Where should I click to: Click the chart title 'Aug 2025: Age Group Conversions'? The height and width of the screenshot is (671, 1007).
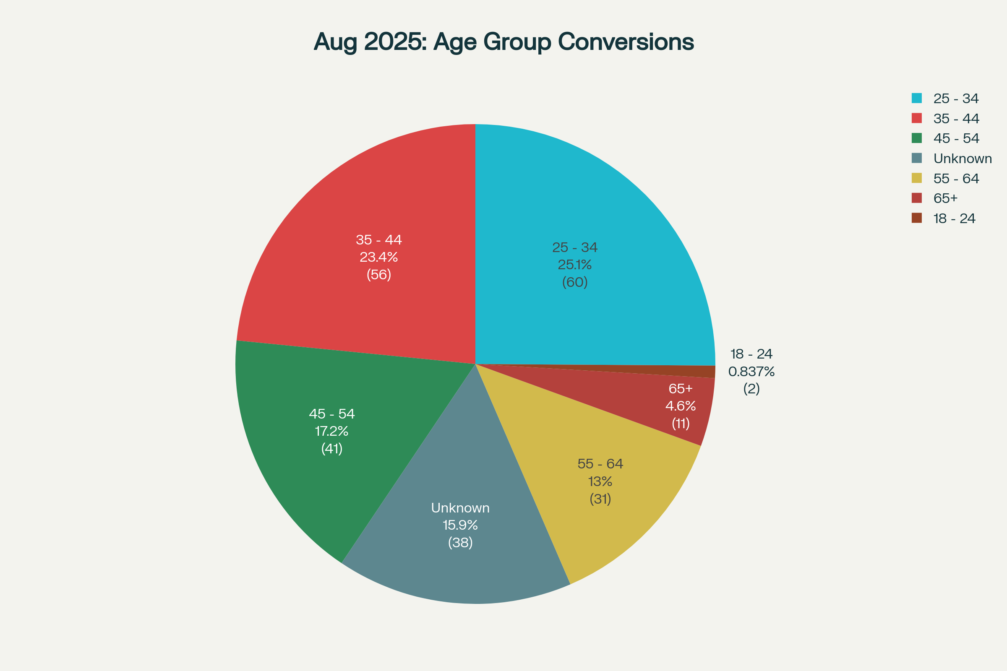click(503, 42)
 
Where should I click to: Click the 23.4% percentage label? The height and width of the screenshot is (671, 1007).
click(378, 257)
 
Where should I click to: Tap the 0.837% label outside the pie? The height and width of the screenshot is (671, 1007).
click(751, 372)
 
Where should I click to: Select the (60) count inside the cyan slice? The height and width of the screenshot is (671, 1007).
click(574, 282)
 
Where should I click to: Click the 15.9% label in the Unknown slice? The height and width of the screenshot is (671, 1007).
click(460, 525)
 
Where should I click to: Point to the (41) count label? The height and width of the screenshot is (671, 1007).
click(331, 448)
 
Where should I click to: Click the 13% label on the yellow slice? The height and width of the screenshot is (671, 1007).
click(600, 482)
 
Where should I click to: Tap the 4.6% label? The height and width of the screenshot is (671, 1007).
click(680, 406)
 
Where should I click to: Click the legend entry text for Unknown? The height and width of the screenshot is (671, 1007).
click(963, 159)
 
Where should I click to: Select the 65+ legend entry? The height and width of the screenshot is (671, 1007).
click(945, 198)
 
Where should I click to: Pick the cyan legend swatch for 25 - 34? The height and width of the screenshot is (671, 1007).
click(917, 98)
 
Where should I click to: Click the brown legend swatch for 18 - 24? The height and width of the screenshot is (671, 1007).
click(917, 218)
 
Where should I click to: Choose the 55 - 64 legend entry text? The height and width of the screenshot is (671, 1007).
click(956, 179)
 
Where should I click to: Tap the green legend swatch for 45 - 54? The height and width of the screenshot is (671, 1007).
click(917, 138)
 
